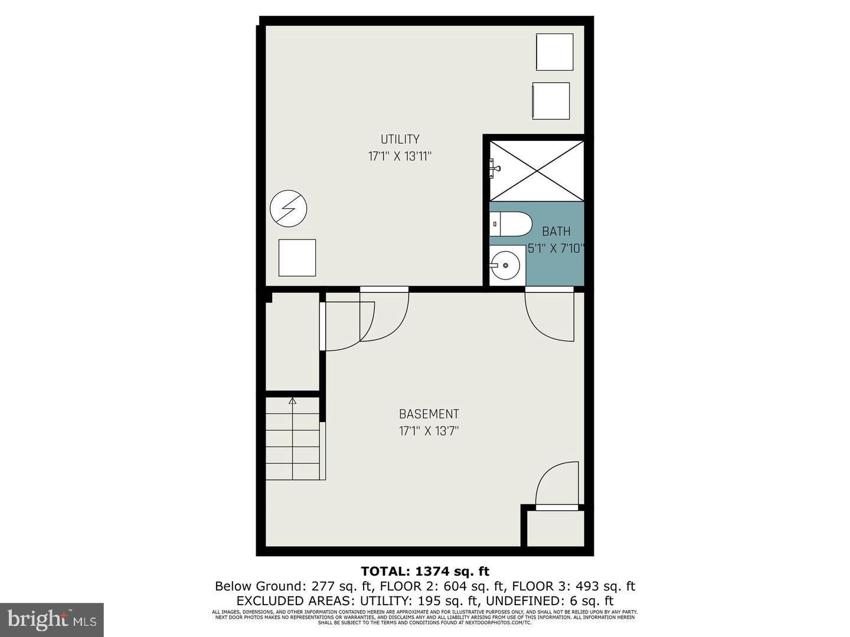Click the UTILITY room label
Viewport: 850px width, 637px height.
400,139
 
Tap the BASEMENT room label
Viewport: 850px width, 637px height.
429,414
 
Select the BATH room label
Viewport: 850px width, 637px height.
556,232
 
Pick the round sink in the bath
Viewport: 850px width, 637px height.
505,265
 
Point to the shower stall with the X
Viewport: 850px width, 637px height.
537,170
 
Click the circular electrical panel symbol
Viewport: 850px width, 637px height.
288,208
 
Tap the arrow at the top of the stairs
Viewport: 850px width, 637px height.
292,402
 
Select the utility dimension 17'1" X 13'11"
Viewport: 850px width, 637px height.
400,156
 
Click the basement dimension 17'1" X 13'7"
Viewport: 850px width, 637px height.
429,431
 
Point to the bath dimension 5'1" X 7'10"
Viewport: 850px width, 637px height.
556,248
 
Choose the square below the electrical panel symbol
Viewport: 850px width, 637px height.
297,257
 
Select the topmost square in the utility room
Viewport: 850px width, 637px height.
554,52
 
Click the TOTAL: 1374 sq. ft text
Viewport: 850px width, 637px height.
425,571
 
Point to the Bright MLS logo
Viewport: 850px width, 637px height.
52,619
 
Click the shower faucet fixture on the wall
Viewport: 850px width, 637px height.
495,169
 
